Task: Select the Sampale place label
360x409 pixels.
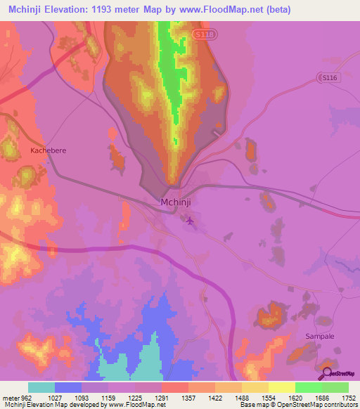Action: [x=319, y=337]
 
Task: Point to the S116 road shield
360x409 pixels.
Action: [x=328, y=77]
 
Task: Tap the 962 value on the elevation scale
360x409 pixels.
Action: [x=22, y=397]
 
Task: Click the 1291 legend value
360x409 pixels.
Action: [x=162, y=397]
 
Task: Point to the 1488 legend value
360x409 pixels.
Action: [x=241, y=397]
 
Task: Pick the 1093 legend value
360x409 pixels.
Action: [x=82, y=397]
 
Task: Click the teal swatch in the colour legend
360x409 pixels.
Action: [x=41, y=387]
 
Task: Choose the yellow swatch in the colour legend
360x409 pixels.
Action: [x=281, y=387]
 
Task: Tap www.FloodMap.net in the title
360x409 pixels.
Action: [x=215, y=11]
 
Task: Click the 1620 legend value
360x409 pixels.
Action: [x=295, y=397]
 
